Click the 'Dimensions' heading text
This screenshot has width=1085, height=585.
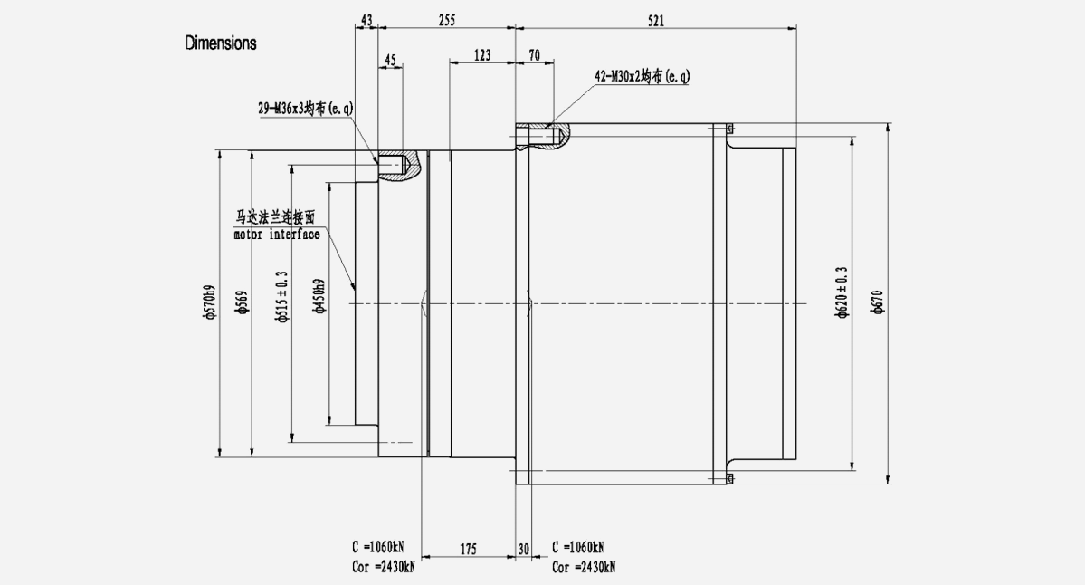tap(221, 43)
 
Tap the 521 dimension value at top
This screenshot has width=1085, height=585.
tap(655, 20)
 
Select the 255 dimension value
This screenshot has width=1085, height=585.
tap(445, 20)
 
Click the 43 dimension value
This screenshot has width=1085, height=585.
tap(366, 20)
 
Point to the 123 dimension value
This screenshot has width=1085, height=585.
tap(481, 55)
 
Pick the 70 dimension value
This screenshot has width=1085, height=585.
tap(534, 55)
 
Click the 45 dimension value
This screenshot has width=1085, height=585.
tap(390, 61)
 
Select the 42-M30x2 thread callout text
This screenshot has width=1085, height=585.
tap(642, 77)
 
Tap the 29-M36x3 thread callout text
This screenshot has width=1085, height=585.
tap(305, 108)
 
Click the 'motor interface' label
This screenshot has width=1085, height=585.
tap(276, 235)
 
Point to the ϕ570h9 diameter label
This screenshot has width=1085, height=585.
tap(210, 303)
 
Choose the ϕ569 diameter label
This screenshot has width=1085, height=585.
tap(242, 303)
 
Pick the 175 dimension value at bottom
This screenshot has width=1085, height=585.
tap(468, 549)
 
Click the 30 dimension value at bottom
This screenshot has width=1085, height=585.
tap(524, 549)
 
